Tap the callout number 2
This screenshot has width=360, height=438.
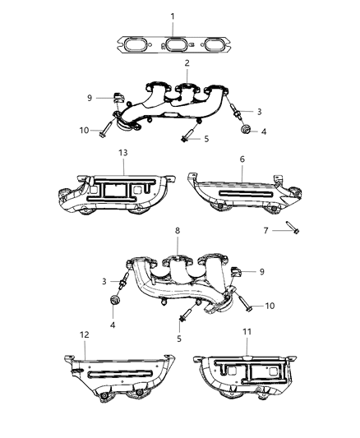[187, 63]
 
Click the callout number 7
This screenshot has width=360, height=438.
[265, 230]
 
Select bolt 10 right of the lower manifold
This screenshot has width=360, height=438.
[248, 307]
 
